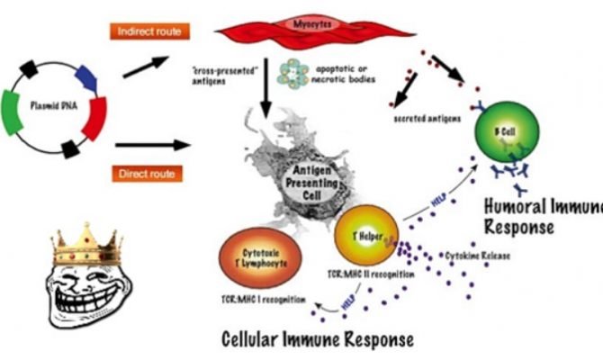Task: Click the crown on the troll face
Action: (86, 242)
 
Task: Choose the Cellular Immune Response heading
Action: (318, 338)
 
